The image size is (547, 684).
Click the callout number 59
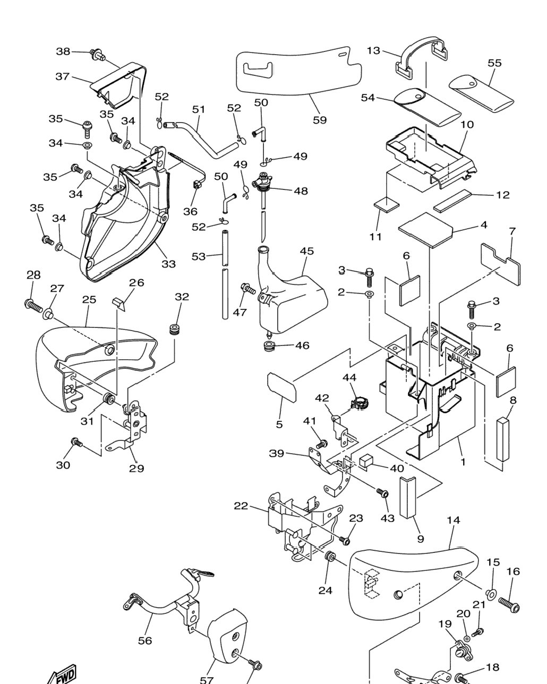point(320,120)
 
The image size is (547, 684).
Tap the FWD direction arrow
point(62,674)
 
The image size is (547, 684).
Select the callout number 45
point(307,251)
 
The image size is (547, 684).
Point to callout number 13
point(373,50)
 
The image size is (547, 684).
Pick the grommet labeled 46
point(270,345)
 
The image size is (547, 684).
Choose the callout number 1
point(463,462)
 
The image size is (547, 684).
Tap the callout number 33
point(168,264)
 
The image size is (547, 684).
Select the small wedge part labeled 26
point(119,302)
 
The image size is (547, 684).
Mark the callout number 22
point(241,506)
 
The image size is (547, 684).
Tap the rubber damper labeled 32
point(174,329)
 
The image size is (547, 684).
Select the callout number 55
point(494,63)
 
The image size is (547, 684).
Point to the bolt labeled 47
point(248,289)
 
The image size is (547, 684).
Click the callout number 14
point(454,521)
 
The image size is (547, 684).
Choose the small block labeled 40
point(365,461)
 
